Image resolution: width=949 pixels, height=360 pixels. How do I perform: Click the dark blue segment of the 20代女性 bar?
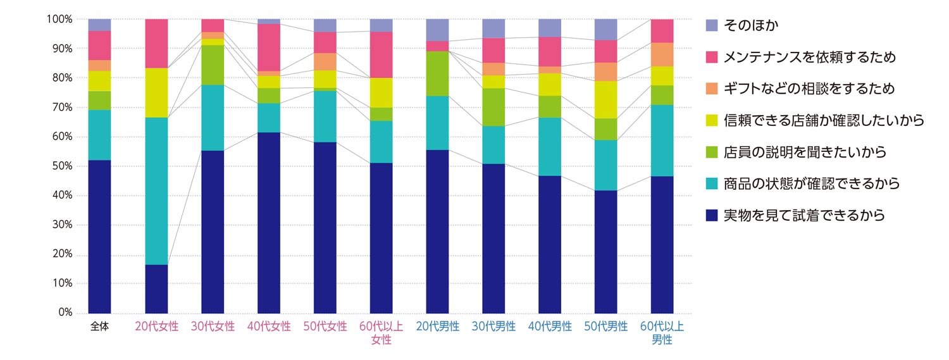coord(156,289)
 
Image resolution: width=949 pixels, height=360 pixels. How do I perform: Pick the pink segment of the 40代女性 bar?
coord(269,47)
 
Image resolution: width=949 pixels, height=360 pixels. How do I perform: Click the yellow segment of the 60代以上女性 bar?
coord(381,93)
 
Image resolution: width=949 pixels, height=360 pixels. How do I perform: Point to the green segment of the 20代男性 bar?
coord(438,73)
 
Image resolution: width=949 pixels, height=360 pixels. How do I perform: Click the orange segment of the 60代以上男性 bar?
coord(662,54)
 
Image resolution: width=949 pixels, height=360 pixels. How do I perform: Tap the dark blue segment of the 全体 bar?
coord(100,237)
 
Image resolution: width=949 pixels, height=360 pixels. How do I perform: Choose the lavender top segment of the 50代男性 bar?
coord(606,30)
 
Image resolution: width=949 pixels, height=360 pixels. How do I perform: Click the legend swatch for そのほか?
coord(711,25)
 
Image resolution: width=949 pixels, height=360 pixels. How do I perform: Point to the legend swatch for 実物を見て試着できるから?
coord(711,216)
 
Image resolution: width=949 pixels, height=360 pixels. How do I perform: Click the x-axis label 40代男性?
coord(550,326)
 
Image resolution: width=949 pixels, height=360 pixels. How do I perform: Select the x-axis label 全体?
coord(100,326)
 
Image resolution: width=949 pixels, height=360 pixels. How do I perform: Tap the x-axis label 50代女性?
coord(325,326)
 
